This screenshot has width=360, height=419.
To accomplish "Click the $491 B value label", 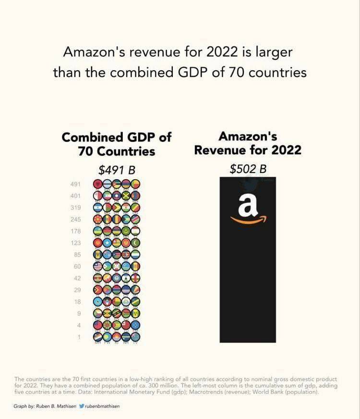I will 116,170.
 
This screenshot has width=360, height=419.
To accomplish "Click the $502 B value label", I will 248,169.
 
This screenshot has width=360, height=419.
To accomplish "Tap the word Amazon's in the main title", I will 94,51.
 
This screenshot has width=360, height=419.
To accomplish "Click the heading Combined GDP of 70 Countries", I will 117,144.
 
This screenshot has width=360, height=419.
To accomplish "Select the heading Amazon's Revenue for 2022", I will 248,143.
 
